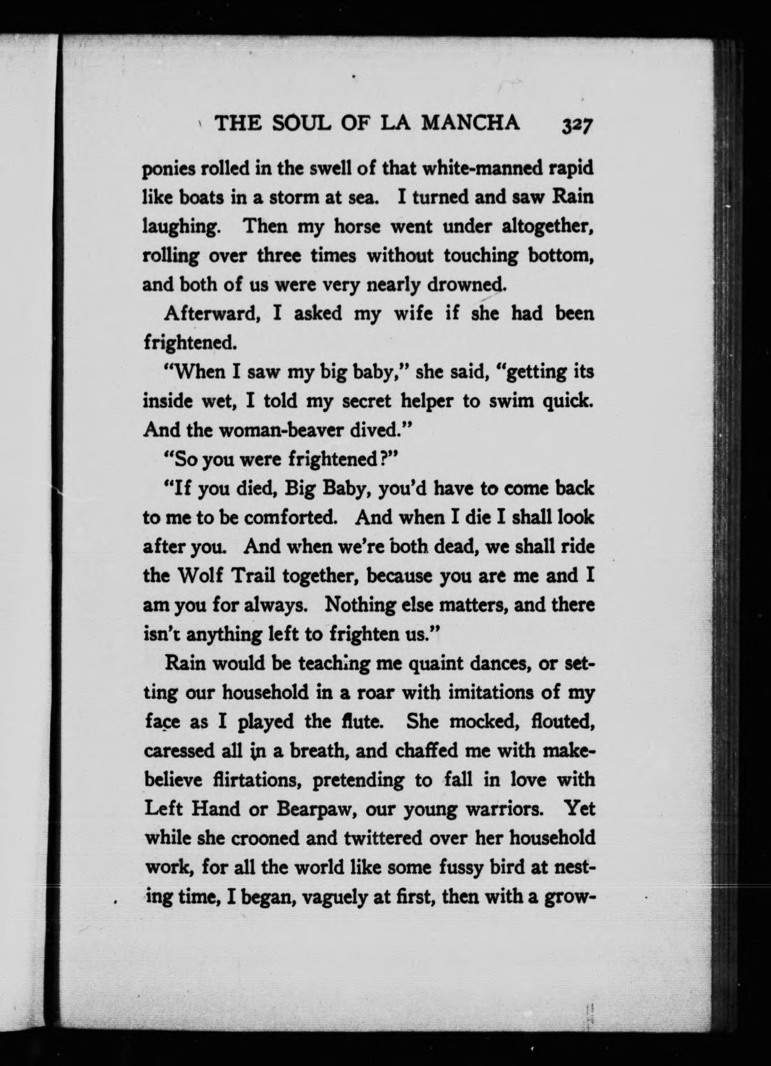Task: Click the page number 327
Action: pos(577,125)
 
